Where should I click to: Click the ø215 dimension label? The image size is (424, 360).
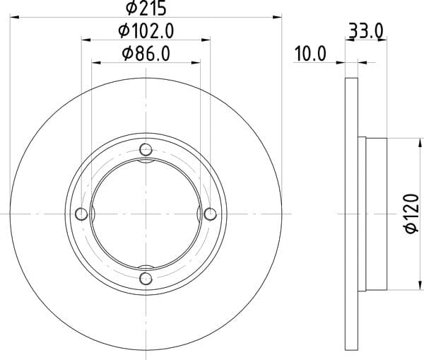pyautogui.click(x=146, y=8)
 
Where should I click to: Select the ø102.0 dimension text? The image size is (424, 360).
pyautogui.click(x=146, y=31)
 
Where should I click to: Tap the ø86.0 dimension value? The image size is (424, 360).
pyautogui.click(x=146, y=54)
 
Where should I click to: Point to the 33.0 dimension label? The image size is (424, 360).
pyautogui.click(x=366, y=31)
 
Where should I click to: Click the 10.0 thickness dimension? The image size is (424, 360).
pyautogui.click(x=310, y=54)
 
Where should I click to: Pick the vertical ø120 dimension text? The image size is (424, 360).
pyautogui.click(x=412, y=214)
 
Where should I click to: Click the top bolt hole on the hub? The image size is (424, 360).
pyautogui.click(x=146, y=149)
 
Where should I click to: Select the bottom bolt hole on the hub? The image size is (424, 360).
pyautogui.click(x=146, y=279)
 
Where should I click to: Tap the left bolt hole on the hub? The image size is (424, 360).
pyautogui.click(x=81, y=214)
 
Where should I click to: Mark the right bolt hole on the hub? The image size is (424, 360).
pyautogui.click(x=210, y=214)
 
